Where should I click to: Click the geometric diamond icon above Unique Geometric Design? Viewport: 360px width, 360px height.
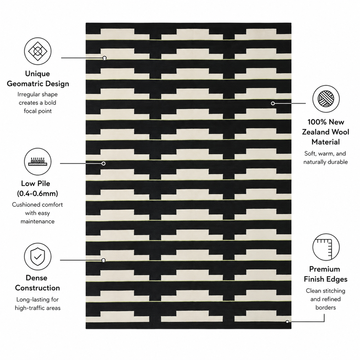[x=37, y=51]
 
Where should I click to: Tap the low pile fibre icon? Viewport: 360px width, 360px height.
[x=37, y=161]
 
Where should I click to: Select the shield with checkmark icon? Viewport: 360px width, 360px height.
[x=37, y=256]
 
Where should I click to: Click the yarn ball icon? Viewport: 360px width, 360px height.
[x=326, y=99]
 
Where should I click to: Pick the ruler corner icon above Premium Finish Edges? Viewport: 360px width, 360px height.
[x=326, y=247]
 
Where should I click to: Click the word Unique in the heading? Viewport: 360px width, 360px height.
[x=37, y=74]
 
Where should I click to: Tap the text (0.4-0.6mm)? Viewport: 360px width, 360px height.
[x=37, y=193]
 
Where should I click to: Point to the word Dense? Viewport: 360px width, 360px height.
[x=36, y=278]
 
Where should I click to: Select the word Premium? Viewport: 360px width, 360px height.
[x=324, y=269]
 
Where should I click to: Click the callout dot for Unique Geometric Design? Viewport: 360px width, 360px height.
[x=105, y=58]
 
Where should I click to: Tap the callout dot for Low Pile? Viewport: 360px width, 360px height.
[x=103, y=163]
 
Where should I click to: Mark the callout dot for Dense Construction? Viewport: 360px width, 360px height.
[x=103, y=260]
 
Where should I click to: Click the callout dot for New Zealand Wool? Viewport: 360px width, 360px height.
[x=273, y=103]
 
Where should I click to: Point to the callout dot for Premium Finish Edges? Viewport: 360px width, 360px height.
[x=287, y=322]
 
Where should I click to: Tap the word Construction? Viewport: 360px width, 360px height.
[x=37, y=288]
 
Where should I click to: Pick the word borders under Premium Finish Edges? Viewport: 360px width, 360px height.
[x=325, y=307]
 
